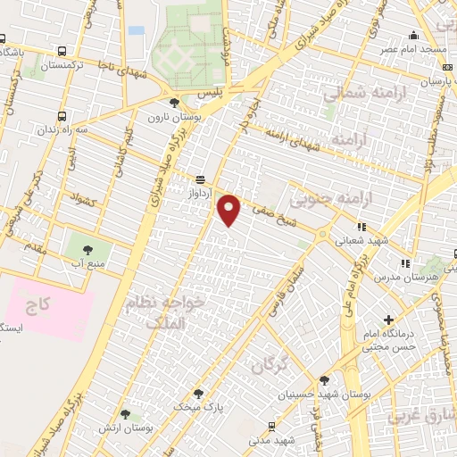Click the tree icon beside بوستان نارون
[x=174, y=103]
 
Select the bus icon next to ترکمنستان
[x=61, y=52]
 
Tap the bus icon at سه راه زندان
[x=61, y=115]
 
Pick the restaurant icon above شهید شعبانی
[x=361, y=227]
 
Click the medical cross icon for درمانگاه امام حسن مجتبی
[x=387, y=320]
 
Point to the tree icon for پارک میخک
[x=198, y=393]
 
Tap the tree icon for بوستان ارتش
[x=124, y=414]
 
